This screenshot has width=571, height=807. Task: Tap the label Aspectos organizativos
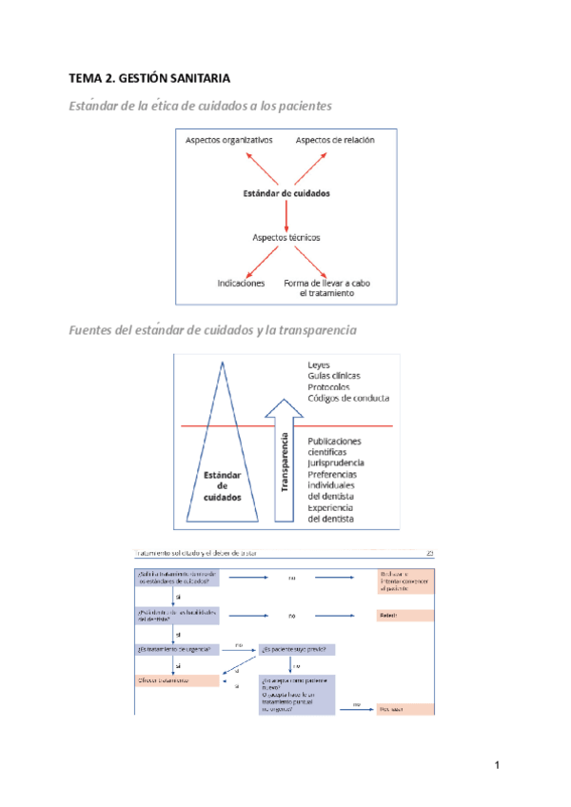point(228,140)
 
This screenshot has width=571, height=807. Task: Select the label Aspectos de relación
point(335,140)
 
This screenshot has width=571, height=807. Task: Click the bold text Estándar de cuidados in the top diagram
point(285,193)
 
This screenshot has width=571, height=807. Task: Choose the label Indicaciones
point(241,283)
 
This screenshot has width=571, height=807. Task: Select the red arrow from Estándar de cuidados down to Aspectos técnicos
point(285,215)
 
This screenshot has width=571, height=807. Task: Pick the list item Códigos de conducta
point(348,398)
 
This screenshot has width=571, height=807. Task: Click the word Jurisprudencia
point(336,463)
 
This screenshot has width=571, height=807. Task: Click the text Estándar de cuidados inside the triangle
point(223,485)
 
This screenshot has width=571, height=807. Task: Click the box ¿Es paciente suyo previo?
point(297,649)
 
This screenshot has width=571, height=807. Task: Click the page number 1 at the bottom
point(497,765)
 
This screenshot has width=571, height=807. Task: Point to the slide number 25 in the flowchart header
point(430,553)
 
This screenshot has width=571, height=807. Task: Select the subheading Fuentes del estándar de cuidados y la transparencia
point(212,330)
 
